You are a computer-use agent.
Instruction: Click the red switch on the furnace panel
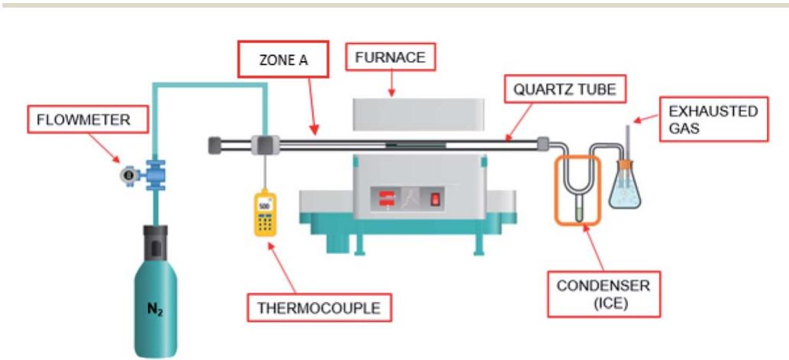436,200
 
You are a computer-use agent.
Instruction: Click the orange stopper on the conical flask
625,163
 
